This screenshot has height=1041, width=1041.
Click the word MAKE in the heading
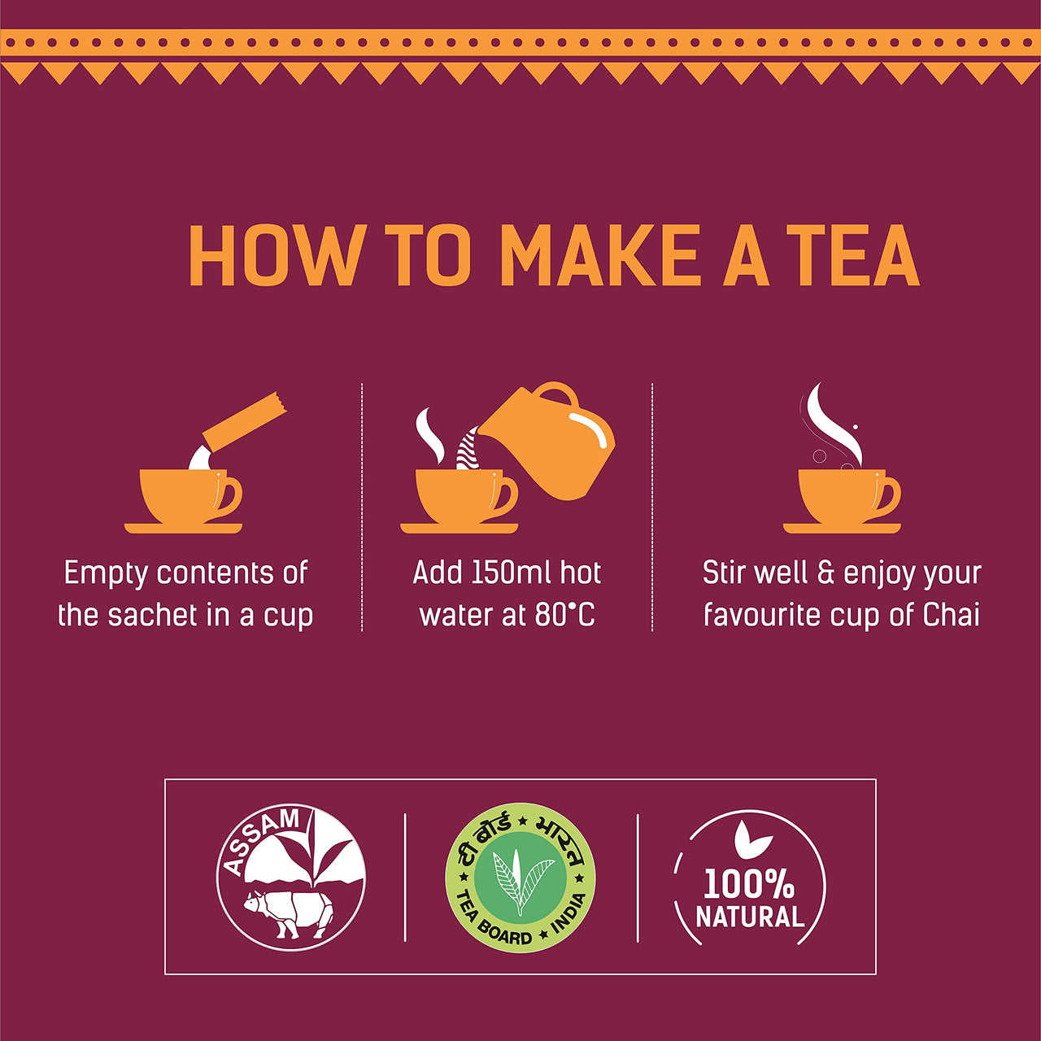tap(599, 255)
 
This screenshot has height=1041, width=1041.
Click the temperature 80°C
tap(564, 615)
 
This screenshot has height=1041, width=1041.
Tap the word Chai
tap(951, 615)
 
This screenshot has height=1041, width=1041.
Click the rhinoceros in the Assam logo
tap(289, 913)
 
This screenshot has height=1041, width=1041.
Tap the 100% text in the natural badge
tap(748, 884)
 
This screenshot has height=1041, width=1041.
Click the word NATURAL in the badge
tap(750, 917)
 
